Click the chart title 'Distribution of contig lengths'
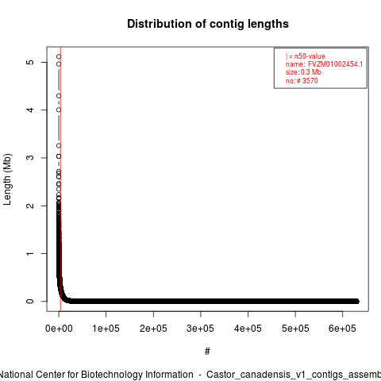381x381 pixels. [208, 24]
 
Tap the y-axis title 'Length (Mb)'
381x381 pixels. [7, 179]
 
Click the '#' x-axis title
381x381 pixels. [207, 352]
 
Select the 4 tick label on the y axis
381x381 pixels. [31, 110]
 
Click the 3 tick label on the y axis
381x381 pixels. [31, 158]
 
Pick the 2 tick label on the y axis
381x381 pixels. [31, 206]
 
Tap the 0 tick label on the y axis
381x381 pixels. [31, 301]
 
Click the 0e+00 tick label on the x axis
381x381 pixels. [59, 329]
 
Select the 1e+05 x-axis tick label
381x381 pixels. [106, 329]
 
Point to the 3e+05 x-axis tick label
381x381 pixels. [200, 329]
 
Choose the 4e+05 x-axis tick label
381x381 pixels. [248, 329]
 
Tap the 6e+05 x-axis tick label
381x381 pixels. [342, 329]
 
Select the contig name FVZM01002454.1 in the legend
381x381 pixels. [335, 64]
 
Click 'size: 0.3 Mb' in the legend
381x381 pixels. [303, 72]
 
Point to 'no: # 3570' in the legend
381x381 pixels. [302, 80]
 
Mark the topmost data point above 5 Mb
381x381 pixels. [59, 56]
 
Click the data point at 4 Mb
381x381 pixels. [59, 110]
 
